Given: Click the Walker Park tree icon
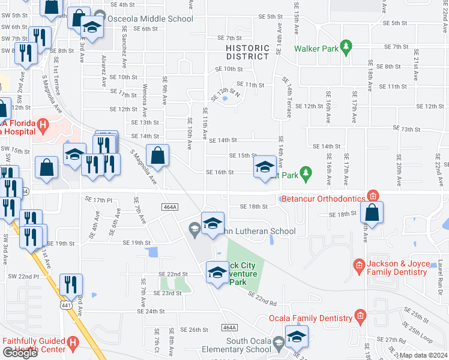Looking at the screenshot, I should pyautogui.click(x=345, y=47).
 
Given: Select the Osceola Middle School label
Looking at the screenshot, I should pyautogui.click(x=148, y=19).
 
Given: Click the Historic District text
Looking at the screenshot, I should pyautogui.click(x=248, y=52).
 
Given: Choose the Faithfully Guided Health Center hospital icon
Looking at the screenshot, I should pyautogui.click(x=72, y=343).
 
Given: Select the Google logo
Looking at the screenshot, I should pyautogui.click(x=20, y=353).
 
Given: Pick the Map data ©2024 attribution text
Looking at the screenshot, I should pyautogui.click(x=423, y=355).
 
